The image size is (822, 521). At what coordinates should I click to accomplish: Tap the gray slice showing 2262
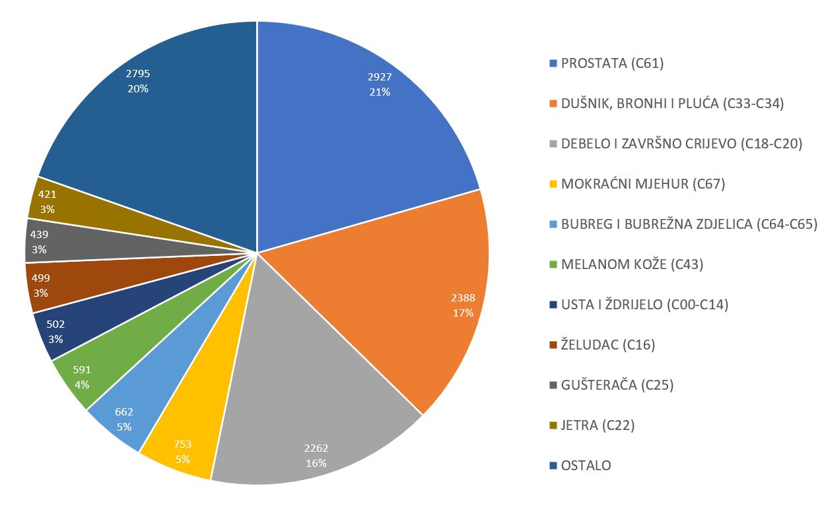(x=310, y=409)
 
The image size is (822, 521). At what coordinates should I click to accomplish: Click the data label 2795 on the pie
(x=138, y=74)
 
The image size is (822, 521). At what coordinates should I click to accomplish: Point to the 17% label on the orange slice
(x=463, y=313)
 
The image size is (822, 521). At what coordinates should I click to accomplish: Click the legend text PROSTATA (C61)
(x=612, y=63)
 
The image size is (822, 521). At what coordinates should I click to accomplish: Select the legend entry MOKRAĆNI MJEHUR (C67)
(x=643, y=184)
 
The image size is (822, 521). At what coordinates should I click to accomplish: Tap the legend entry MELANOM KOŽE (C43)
(x=632, y=264)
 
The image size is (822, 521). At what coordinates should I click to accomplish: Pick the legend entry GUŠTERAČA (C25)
(x=617, y=385)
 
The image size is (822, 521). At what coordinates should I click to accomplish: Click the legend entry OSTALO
(x=586, y=466)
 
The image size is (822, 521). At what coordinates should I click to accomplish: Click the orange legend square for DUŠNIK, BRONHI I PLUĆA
(x=553, y=104)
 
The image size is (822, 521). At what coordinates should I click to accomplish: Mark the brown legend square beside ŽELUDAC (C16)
(x=553, y=345)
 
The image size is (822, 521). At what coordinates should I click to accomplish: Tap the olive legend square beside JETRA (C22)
(x=553, y=425)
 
